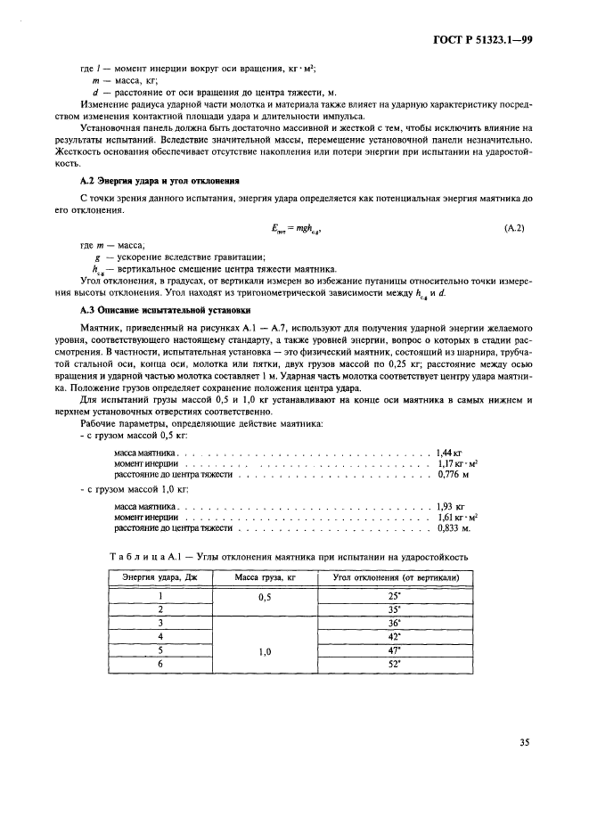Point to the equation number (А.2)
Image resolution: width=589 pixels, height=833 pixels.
512,228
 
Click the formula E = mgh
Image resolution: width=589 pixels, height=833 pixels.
294,229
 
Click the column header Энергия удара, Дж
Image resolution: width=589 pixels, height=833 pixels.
160,577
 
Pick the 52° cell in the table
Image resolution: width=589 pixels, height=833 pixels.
396,664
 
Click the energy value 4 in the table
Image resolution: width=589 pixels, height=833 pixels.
160,636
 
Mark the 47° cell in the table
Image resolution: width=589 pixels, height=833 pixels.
396,650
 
